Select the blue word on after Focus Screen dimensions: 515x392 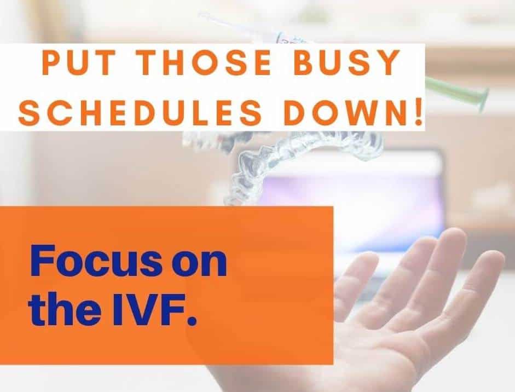[200, 265]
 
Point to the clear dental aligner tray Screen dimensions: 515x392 [296, 158]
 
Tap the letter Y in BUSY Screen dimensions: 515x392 [387, 62]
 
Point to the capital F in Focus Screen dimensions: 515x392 [42, 261]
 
